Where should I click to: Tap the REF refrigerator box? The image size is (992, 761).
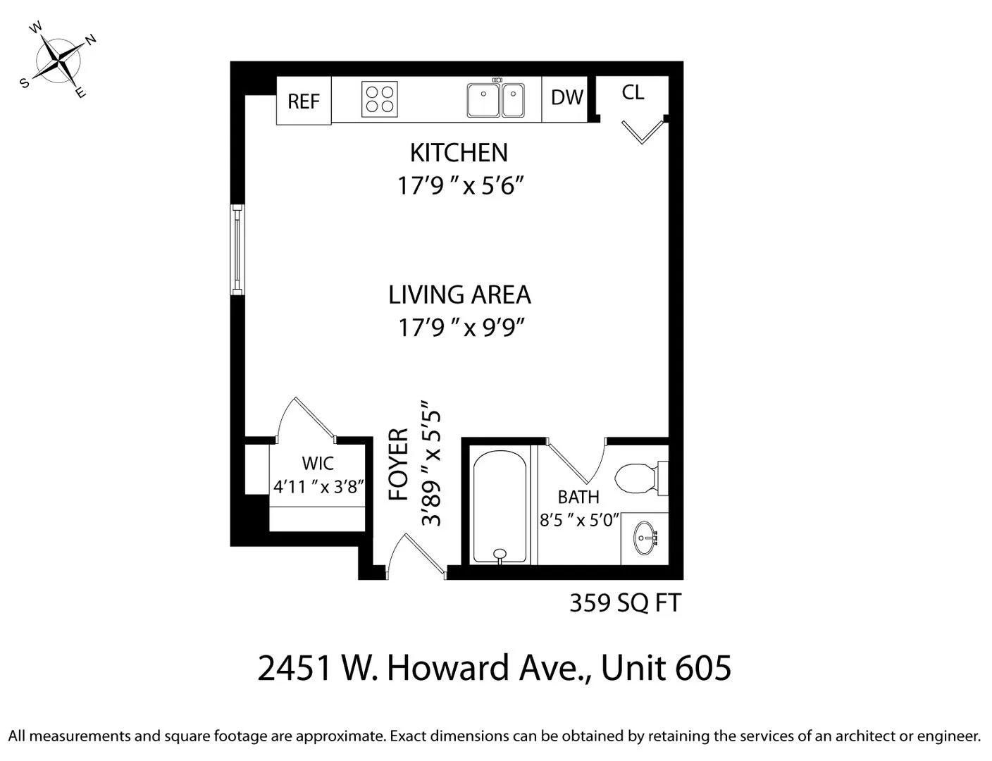pos(304,101)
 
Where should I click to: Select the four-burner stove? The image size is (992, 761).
pos(379,99)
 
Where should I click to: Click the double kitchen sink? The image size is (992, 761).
pos(495,99)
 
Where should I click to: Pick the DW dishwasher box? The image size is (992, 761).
pos(567,98)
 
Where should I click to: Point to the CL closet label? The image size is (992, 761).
pos(633,92)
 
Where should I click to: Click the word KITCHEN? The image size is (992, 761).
pos(459,153)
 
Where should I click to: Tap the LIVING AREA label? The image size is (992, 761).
pos(459,295)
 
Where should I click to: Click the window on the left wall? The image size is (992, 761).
pos(237,249)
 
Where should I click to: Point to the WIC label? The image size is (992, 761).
pos(318,464)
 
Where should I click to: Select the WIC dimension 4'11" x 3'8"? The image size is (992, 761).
pos(318,486)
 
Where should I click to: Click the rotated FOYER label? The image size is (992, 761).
pos(399,464)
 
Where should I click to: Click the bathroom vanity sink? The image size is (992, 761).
pos(644,540)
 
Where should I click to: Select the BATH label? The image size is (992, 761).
pos(578,497)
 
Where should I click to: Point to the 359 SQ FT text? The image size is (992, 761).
pos(625,603)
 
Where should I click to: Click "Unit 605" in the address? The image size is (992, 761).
pos(666,668)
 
